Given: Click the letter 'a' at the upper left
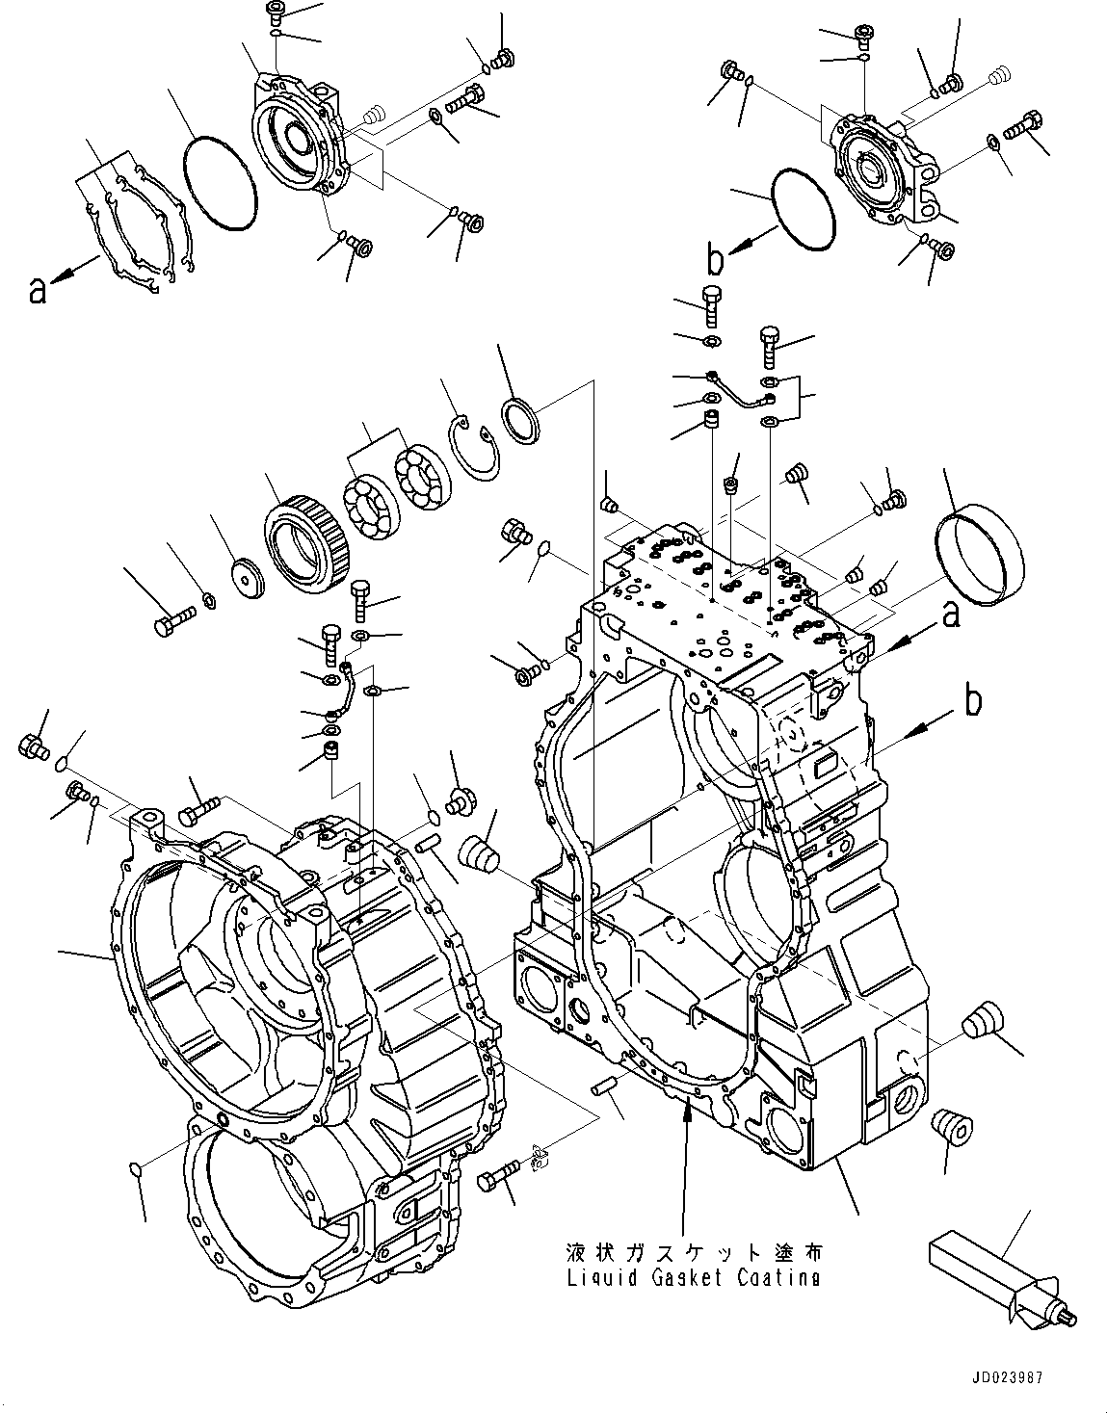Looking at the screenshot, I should click(x=37, y=289).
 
